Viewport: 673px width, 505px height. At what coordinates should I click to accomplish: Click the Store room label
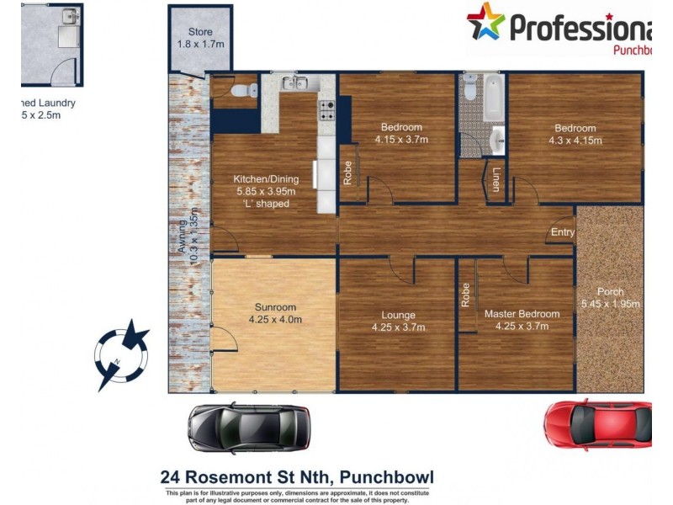click(x=200, y=38)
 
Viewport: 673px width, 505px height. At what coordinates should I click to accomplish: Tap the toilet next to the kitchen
click(x=238, y=89)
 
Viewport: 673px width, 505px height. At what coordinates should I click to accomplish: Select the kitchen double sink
click(x=295, y=82)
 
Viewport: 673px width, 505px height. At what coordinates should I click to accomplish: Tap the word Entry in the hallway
click(x=563, y=232)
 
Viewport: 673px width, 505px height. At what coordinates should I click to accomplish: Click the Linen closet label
click(x=496, y=179)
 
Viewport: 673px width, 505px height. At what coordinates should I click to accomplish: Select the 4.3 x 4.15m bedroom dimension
click(x=575, y=141)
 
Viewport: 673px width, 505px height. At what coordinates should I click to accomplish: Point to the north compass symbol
click(x=122, y=354)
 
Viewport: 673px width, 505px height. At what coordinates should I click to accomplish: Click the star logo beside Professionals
click(x=486, y=23)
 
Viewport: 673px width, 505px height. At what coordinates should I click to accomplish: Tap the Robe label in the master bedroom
click(x=464, y=295)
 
